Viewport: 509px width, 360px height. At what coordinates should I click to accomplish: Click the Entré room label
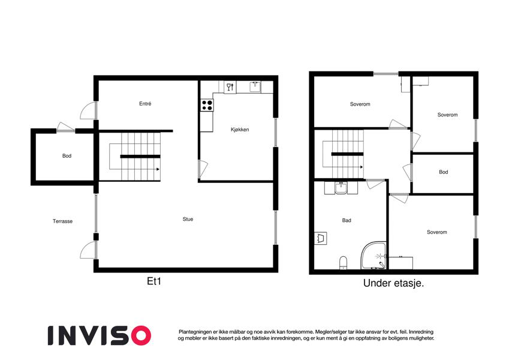pyautogui.click(x=145, y=104)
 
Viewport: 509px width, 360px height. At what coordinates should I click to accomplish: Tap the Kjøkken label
pyautogui.click(x=240, y=130)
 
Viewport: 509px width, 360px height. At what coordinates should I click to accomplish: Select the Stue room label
pyautogui.click(x=188, y=220)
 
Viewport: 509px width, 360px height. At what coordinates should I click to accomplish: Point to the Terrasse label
pyautogui.click(x=63, y=221)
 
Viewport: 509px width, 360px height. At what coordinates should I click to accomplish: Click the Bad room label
pyautogui.click(x=347, y=220)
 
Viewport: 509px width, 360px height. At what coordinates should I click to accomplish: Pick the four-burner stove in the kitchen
pyautogui.click(x=207, y=105)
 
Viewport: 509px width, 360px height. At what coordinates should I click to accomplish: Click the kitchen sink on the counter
pyautogui.click(x=255, y=87)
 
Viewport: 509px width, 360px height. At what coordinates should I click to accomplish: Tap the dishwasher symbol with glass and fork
pyautogui.click(x=230, y=87)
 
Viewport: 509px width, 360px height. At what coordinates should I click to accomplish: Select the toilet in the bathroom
pyautogui.click(x=343, y=263)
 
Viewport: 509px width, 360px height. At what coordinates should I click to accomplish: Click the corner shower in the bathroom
pyautogui.click(x=374, y=255)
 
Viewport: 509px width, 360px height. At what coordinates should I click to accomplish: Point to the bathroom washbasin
pyautogui.click(x=341, y=188)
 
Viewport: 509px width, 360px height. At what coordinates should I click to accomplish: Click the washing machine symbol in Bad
pyautogui.click(x=321, y=238)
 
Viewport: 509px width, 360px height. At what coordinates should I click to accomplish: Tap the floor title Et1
pyautogui.click(x=154, y=281)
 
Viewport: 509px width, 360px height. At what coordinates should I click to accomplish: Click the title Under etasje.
pyautogui.click(x=394, y=283)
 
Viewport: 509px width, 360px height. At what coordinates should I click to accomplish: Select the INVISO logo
pyautogui.click(x=100, y=335)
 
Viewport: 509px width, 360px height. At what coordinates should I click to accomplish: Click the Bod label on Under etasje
pyautogui.click(x=444, y=172)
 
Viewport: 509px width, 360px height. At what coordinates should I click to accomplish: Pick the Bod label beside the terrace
pyautogui.click(x=67, y=156)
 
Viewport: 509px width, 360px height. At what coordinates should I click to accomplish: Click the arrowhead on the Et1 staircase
pyautogui.click(x=158, y=169)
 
